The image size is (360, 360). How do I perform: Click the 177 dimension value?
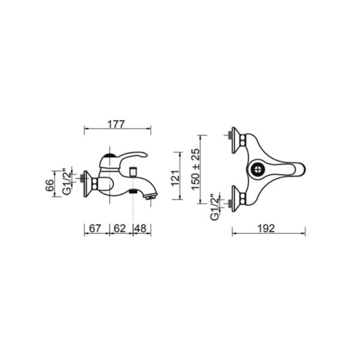(116, 124)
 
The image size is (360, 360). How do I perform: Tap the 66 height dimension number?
(50, 185)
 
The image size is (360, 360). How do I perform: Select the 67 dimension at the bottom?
(95, 228)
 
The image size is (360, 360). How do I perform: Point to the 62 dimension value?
(120, 228)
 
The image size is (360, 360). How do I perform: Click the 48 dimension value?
(140, 228)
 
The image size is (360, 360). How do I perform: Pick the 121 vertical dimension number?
(175, 178)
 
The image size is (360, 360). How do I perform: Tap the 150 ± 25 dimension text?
(196, 169)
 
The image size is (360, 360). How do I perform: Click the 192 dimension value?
(266, 228)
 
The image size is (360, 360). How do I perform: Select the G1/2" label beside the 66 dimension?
(67, 182)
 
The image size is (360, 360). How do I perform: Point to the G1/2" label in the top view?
(215, 208)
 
